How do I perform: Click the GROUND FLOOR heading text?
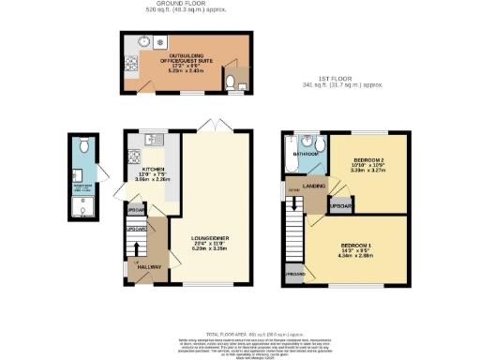[x=174, y=6]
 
